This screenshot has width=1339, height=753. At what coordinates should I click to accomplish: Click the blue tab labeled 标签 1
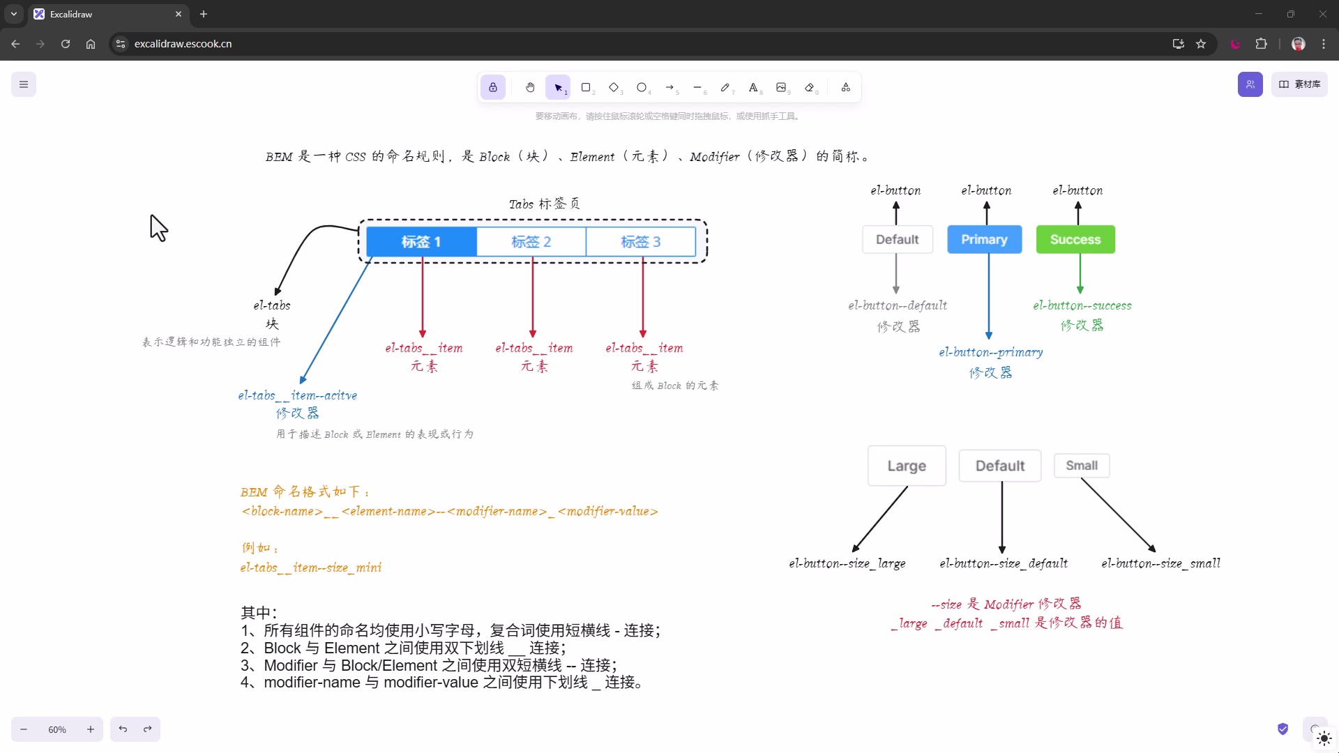coord(422,242)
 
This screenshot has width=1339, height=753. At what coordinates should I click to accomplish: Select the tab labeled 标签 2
coord(531,242)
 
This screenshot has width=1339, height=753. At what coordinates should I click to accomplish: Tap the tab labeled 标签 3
coord(641,242)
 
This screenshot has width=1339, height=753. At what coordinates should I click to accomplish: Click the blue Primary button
coord(984,239)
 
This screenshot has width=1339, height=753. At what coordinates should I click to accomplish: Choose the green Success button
coord(1075,239)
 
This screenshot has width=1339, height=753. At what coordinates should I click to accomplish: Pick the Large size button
coord(907,466)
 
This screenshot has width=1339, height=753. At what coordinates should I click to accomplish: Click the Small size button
coord(1082,466)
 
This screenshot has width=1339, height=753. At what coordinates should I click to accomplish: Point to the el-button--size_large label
coord(847,563)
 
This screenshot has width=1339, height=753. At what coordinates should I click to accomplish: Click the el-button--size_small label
coord(1161,563)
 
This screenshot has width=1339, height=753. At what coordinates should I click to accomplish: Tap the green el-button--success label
coord(1082,305)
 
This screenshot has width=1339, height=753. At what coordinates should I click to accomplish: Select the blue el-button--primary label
coord(991,353)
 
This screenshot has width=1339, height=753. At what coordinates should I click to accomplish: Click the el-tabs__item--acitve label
coord(298,395)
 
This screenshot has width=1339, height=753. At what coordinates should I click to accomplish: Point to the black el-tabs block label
coord(272,305)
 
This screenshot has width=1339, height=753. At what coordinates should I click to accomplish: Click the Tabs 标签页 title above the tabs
coord(545,204)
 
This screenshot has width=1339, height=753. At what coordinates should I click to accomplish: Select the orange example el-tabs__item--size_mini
coord(311,568)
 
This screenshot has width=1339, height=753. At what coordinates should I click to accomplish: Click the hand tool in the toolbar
coord(530,87)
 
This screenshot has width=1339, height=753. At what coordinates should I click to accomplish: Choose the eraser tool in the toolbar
coord(810,87)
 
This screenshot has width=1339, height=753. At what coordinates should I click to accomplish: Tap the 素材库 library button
coord(1299,84)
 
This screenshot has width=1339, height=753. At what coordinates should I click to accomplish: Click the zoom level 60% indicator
coord(57,729)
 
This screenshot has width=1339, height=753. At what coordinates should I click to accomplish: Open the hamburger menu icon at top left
coord(24,84)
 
